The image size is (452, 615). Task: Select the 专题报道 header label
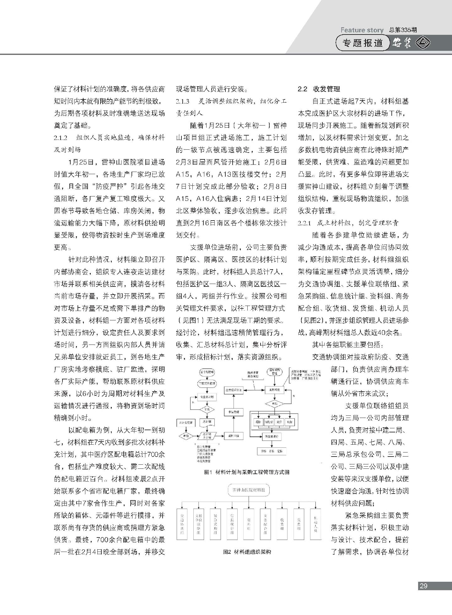(x=363, y=43)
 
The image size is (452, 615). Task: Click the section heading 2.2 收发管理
(x=319, y=89)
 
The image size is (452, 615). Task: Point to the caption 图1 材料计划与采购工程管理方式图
(x=246, y=472)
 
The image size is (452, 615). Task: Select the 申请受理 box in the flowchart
(x=233, y=412)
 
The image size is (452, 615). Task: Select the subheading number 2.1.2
(x=61, y=137)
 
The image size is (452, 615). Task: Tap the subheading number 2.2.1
(x=304, y=223)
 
